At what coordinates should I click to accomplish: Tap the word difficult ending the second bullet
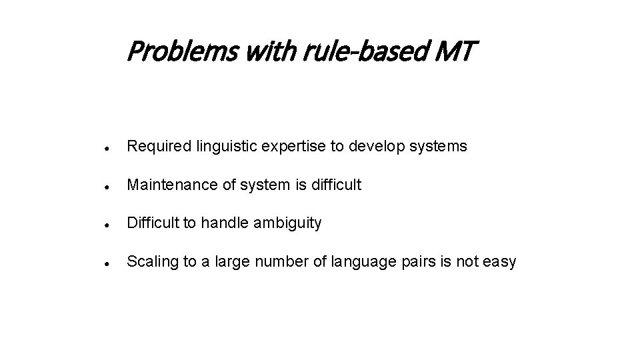tap(336, 185)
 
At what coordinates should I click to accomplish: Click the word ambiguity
tap(289, 223)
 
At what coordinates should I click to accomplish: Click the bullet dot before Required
tap(107, 147)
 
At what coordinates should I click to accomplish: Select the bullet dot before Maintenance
tap(107, 186)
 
